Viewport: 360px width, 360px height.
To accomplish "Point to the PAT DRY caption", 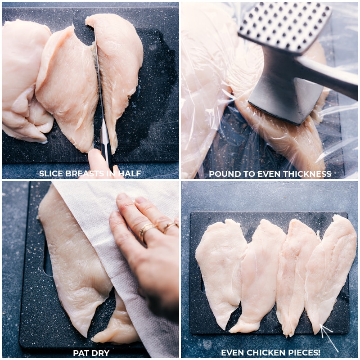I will click(x=91, y=353).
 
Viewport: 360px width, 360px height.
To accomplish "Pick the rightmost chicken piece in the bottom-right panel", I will click(x=331, y=265).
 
